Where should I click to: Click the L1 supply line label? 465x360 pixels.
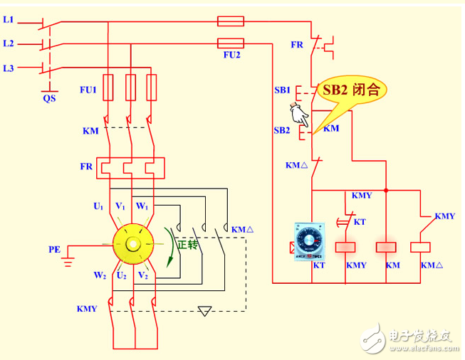click(x=9, y=20)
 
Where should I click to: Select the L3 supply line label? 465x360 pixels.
click(x=9, y=68)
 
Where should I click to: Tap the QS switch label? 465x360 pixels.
click(x=48, y=99)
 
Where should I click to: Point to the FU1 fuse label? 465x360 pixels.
click(x=87, y=90)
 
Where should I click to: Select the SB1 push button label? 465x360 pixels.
click(x=282, y=91)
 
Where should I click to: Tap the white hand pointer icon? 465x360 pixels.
click(x=298, y=114)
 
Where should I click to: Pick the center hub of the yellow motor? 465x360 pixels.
click(x=132, y=244)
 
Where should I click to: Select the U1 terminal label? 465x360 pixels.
click(x=98, y=206)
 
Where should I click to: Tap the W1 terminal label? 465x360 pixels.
click(x=142, y=206)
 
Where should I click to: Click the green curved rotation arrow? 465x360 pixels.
click(x=170, y=246)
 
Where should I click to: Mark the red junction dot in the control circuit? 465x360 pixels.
click(x=386, y=191)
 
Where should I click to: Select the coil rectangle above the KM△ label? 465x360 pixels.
click(x=421, y=248)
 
